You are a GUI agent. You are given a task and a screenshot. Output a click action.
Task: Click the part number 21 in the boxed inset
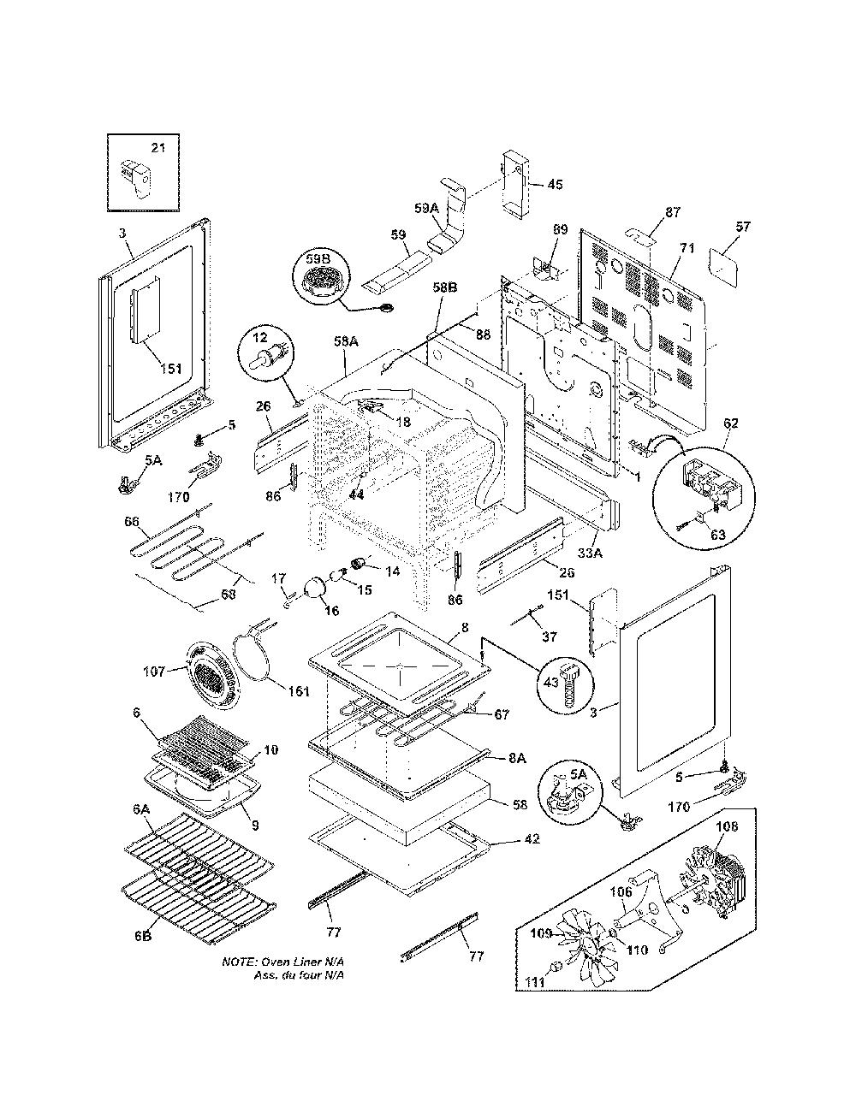click(x=158, y=148)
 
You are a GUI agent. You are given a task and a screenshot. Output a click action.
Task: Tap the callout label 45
click(x=555, y=185)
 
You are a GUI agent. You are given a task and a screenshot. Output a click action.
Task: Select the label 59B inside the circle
click(x=318, y=259)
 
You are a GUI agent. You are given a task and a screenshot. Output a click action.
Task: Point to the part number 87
click(x=673, y=212)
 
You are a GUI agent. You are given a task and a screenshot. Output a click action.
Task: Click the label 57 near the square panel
click(x=743, y=226)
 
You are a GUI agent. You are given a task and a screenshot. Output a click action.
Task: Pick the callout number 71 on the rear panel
click(x=687, y=249)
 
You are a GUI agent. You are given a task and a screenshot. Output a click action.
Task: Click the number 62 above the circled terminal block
click(x=730, y=423)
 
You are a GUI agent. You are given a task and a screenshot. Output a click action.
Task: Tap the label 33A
click(x=590, y=552)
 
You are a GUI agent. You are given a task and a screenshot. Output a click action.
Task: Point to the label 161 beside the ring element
click(x=299, y=691)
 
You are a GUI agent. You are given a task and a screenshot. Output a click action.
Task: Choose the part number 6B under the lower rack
click(x=143, y=936)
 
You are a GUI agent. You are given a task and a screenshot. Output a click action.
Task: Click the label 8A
click(x=517, y=759)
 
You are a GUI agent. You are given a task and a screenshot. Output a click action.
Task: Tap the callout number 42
click(x=531, y=838)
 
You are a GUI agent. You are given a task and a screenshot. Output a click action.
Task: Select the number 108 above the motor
click(x=726, y=826)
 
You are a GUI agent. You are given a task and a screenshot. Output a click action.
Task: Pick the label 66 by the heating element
click(x=132, y=522)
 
